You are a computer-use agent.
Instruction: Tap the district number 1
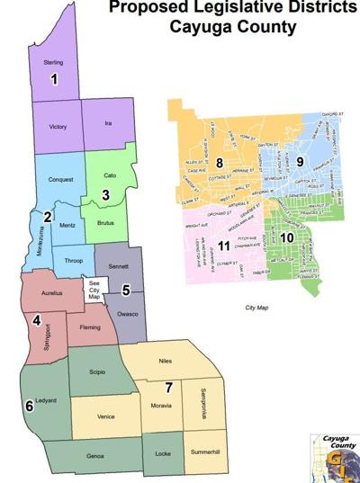click(54, 80)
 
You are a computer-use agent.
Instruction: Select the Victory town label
click(58, 128)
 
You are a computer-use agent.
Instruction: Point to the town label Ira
click(107, 123)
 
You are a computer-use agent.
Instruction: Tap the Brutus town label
click(106, 219)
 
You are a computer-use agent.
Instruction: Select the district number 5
click(126, 289)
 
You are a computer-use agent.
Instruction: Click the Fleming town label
click(90, 328)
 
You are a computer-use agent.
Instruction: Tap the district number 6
click(30, 407)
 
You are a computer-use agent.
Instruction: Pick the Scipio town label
click(98, 371)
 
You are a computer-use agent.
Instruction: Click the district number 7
click(167, 388)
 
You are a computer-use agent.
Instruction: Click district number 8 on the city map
click(219, 162)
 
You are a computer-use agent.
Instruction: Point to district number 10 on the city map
click(286, 237)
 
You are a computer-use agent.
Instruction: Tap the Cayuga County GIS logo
click(334, 456)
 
